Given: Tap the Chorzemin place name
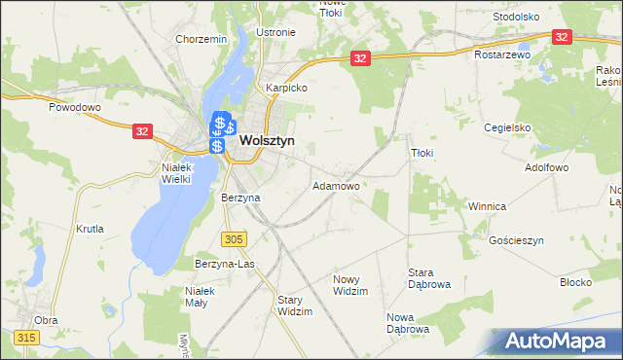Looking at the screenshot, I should coord(202,39).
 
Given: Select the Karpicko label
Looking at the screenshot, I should coord(288,87).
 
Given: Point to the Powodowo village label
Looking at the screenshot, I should coord(76,108).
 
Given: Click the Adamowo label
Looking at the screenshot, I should coord(336,185).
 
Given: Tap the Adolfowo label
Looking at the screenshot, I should coord(547,167).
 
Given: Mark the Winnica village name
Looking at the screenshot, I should coord(487,206).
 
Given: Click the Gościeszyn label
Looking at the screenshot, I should coord(517,239).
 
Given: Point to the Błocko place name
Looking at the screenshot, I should coord(576,281).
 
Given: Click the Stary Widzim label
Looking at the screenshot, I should coord(295,306).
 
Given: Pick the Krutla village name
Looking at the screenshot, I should coord(89,229).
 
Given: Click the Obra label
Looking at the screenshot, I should coord(45,319).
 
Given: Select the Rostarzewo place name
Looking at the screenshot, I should coord(501,55).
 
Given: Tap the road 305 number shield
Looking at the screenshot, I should coord(233,238).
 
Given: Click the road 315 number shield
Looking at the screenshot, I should coord(26,337).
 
